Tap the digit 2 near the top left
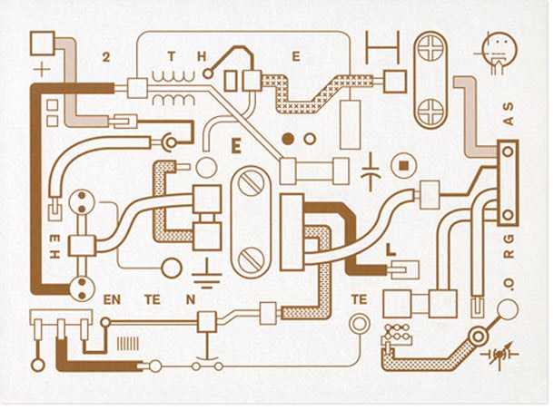pyautogui.click(x=108, y=57)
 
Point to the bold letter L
pyautogui.click(x=391, y=249)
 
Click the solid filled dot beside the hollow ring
pyautogui.click(x=288, y=139)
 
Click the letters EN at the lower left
pyautogui.click(x=113, y=298)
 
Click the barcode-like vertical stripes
pyautogui.click(x=128, y=345)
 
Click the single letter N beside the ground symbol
pyautogui.click(x=191, y=298)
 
